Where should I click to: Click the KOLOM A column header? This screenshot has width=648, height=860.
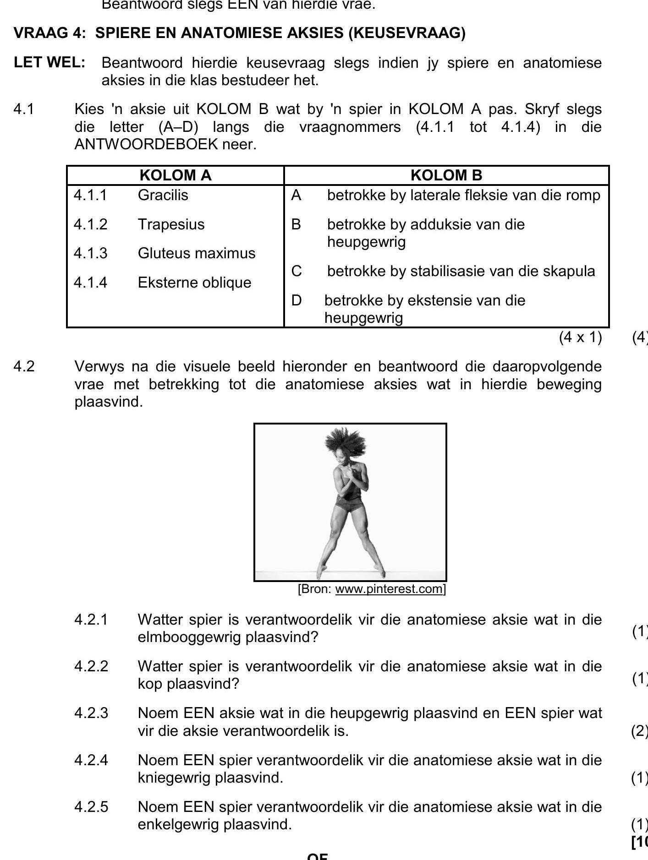(x=175, y=175)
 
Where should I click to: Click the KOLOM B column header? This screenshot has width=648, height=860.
(x=446, y=175)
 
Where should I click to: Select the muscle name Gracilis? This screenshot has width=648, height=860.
(x=163, y=195)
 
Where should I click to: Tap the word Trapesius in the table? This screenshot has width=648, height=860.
(x=171, y=224)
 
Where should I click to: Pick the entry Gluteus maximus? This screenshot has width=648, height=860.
(x=196, y=253)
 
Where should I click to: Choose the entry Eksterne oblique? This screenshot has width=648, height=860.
(x=194, y=283)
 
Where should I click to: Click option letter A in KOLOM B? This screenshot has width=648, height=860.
(x=296, y=196)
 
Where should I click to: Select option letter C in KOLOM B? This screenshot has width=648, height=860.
(x=297, y=271)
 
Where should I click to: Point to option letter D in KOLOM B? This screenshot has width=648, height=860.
(x=297, y=300)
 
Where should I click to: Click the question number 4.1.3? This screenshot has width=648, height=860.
(x=90, y=253)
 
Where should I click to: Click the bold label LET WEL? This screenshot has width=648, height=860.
(x=49, y=63)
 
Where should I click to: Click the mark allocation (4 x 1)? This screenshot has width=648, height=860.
(x=580, y=337)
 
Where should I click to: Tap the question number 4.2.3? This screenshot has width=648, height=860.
(x=91, y=713)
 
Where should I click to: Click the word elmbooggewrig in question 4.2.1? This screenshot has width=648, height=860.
(x=189, y=637)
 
